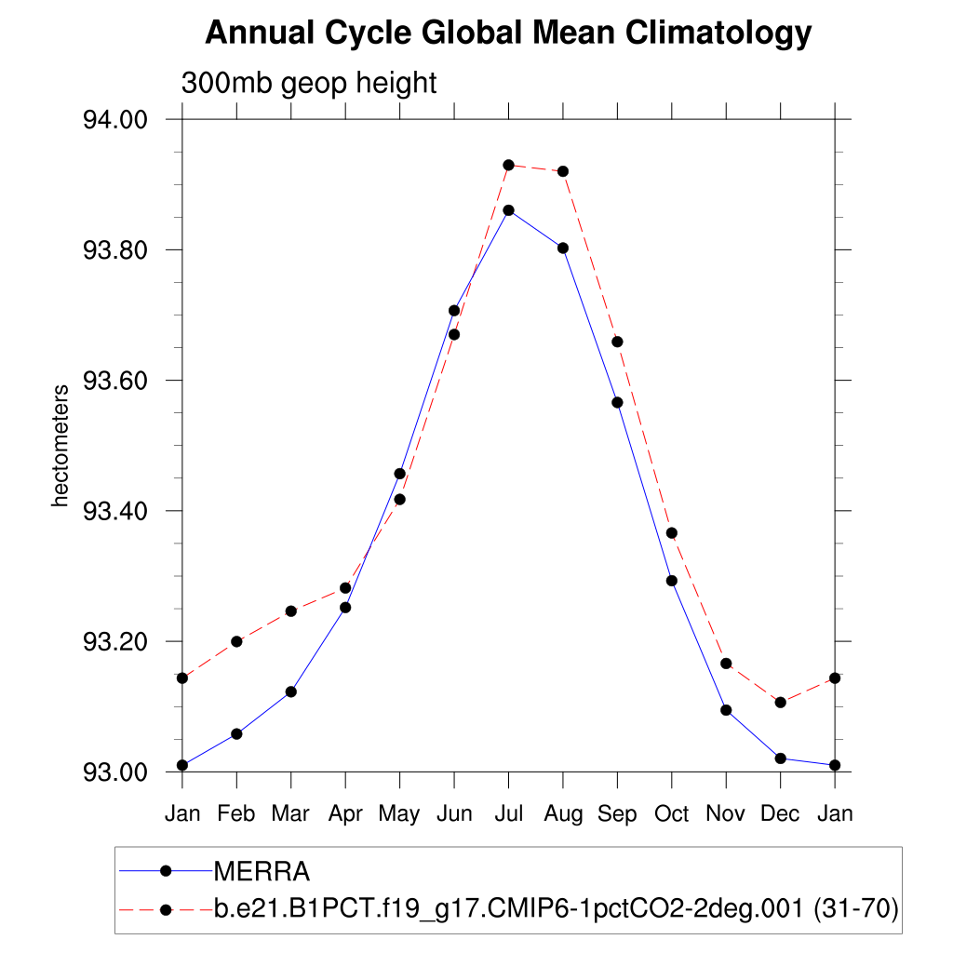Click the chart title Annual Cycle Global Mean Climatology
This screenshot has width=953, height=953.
coord(508,34)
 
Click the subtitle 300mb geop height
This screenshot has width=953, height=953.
coord(309,83)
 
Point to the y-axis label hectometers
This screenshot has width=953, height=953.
coord(60,445)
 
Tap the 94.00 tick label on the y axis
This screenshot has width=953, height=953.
coord(116,120)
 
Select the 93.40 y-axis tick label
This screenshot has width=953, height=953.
coord(116,511)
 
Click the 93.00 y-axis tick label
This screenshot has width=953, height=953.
coord(116,772)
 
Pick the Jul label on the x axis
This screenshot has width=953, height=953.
coord(508,813)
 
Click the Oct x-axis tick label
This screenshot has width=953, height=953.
coord(671,813)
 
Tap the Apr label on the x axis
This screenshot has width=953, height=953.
coord(345,813)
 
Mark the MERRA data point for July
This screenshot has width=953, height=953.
coord(508,210)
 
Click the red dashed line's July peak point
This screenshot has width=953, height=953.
coord(508,165)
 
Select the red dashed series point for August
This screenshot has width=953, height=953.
coord(563,171)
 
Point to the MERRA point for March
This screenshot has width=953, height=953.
coord(291,691)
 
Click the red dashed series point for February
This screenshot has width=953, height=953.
coord(236,641)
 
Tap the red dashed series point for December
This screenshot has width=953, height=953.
coord(780,702)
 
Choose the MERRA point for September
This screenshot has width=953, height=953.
coord(617,402)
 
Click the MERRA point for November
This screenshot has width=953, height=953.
coord(726,710)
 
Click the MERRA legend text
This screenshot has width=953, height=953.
coord(262,871)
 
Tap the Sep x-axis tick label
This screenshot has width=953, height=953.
coord(617,813)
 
